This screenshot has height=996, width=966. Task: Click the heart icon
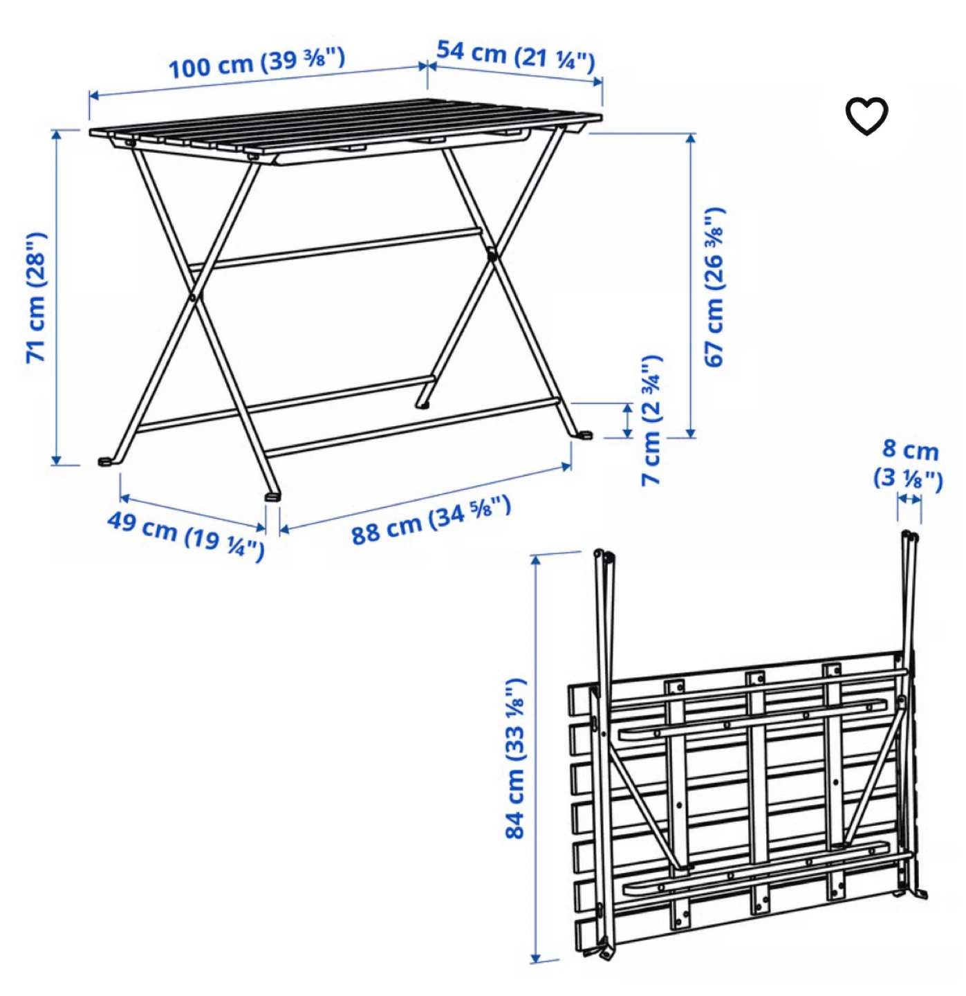click(x=866, y=116)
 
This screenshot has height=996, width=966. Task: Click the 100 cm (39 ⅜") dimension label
click(x=257, y=64)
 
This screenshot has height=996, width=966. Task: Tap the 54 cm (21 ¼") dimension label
click(x=515, y=57)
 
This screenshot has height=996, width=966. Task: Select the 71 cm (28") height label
click(x=37, y=297)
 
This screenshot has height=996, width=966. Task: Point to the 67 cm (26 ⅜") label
click(x=715, y=286)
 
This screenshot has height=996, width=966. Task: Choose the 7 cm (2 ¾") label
click(x=652, y=420)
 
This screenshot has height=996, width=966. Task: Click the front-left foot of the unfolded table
click(x=105, y=461)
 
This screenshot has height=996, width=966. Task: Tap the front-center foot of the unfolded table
click(x=272, y=496)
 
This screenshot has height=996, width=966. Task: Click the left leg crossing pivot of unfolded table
click(x=194, y=297)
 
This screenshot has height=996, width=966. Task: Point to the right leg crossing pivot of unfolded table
click(x=492, y=253)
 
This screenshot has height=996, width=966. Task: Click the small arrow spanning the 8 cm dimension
click(x=909, y=499)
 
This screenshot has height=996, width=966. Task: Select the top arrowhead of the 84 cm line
click(x=536, y=560)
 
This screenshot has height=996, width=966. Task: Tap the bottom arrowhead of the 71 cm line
click(x=57, y=459)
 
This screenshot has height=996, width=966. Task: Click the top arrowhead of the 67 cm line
click(x=691, y=139)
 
